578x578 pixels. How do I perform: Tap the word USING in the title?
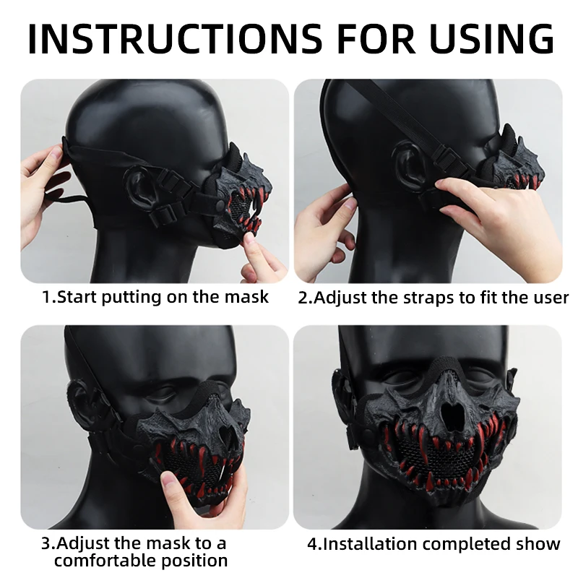tap(492, 38)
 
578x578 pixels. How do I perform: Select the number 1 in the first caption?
tap(46, 297)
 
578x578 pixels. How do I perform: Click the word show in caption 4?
tap(538, 544)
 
